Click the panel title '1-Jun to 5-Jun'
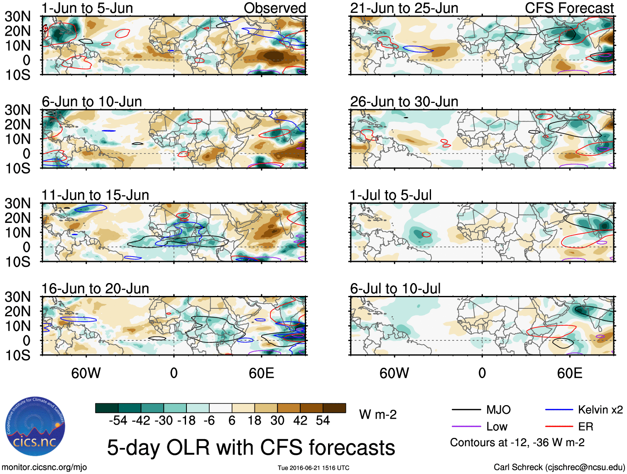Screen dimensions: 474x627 tap(87, 8)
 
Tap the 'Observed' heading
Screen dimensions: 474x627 tap(274, 8)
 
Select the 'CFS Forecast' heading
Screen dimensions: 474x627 tap(569, 8)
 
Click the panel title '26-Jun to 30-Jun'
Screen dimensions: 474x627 tap(404, 102)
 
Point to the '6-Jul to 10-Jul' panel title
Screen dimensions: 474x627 tap(395, 288)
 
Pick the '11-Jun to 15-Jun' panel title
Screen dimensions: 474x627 tap(95, 195)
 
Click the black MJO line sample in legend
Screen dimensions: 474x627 tap(466, 410)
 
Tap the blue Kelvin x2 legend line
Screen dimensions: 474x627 tap(559, 410)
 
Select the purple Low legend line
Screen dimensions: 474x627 tap(466, 427)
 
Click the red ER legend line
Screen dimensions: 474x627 tap(559, 427)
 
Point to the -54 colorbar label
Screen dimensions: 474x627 tap(118, 421)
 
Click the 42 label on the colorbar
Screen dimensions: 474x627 tap(300, 421)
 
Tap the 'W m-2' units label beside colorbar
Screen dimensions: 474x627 tap(377, 415)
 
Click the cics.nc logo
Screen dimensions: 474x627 tap(35, 426)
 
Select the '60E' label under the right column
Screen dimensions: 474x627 tap(569, 373)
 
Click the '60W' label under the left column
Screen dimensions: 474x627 tap(86, 373)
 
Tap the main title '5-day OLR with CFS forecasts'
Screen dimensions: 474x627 tap(251, 447)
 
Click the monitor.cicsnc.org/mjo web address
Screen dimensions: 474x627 tap(44, 467)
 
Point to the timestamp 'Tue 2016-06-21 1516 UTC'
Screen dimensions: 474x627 tap(313, 468)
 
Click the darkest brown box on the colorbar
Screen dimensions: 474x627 tap(334, 408)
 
